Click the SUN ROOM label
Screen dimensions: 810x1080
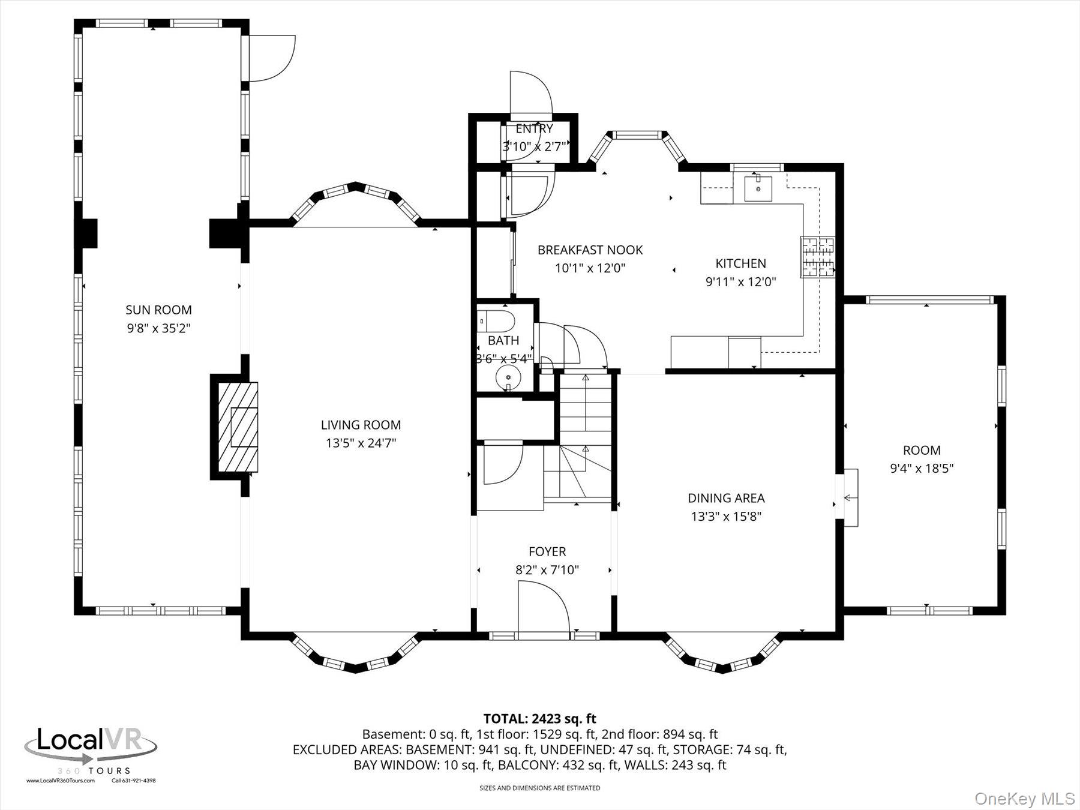click(x=158, y=310)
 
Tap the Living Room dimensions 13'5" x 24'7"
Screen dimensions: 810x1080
click(x=361, y=443)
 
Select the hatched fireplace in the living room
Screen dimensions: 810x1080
click(x=238, y=427)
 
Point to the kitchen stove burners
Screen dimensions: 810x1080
click(x=817, y=257)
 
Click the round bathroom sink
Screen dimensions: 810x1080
click(x=508, y=377)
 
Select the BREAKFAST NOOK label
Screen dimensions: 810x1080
click(x=590, y=250)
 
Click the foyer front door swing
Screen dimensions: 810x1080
click(x=542, y=609)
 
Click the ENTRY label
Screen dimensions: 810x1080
click(x=534, y=129)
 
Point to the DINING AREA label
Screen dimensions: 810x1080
click(x=726, y=498)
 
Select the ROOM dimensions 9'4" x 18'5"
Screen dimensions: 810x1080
click(x=922, y=469)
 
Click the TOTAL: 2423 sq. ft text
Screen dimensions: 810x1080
click(x=539, y=718)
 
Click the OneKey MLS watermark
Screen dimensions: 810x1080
click(x=1024, y=799)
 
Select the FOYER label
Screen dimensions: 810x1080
click(x=547, y=551)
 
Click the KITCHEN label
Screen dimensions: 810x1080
click(x=740, y=263)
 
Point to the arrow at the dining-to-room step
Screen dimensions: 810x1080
click(x=849, y=497)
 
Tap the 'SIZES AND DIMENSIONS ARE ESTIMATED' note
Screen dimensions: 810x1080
click(x=539, y=788)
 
